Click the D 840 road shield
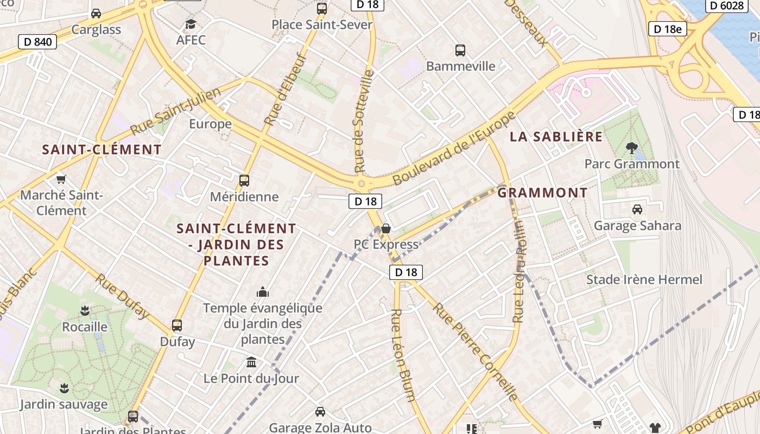pyautogui.click(x=37, y=42)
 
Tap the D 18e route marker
pyautogui.click(x=667, y=29)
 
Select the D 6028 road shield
pyautogui.click(x=727, y=5)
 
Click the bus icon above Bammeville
pyautogui.click(x=460, y=50)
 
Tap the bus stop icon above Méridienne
pyautogui.click(x=244, y=181)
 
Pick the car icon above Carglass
pyautogui.click(x=96, y=14)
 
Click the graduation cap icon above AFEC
pyautogui.click(x=191, y=24)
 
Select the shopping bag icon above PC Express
pyautogui.click(x=386, y=228)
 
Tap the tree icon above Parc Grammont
pyautogui.click(x=631, y=147)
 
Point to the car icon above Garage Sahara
pyautogui.click(x=637, y=209)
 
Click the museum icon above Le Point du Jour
pyautogui.click(x=251, y=362)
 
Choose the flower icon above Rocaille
pyautogui.click(x=85, y=311)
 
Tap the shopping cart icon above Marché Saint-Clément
pyautogui.click(x=61, y=178)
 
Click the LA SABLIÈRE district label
pyautogui.click(x=556, y=137)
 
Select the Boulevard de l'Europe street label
pyautogui.click(x=454, y=148)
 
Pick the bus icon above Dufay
pyautogui.click(x=177, y=325)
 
